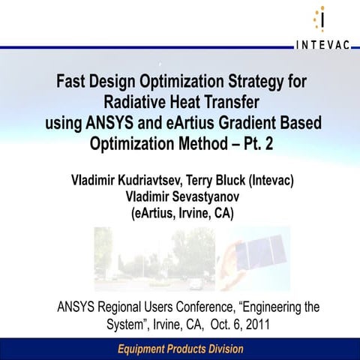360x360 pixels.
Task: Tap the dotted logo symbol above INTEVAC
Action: [x=321, y=19]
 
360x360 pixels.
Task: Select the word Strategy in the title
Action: [x=258, y=80]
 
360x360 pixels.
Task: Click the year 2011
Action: [x=254, y=325]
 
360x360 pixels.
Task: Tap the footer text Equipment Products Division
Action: [x=179, y=349]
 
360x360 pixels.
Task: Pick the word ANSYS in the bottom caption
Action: [x=77, y=307]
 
